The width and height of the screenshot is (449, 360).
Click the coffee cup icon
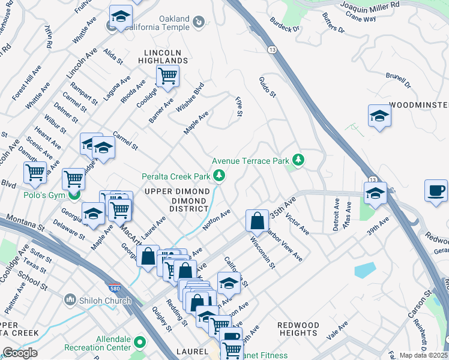pyautogui.click(x=436, y=191)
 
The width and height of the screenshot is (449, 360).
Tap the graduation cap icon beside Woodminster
pyautogui.click(x=379, y=116)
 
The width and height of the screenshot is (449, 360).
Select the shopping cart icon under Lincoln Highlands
pyautogui.click(x=167, y=76)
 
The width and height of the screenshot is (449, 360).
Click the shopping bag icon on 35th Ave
pyautogui.click(x=257, y=220)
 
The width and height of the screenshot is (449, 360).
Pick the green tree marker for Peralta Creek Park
pyautogui.click(x=220, y=176)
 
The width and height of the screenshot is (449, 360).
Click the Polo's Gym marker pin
pyautogui.click(x=74, y=195)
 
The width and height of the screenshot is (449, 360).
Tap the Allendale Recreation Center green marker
pyautogui.click(x=140, y=343)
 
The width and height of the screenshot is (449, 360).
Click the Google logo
pyautogui.click(x=20, y=353)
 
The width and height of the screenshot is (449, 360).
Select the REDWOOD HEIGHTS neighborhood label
pyautogui.click(x=298, y=329)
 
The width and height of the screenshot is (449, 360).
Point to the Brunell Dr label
pyautogui.click(x=398, y=81)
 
